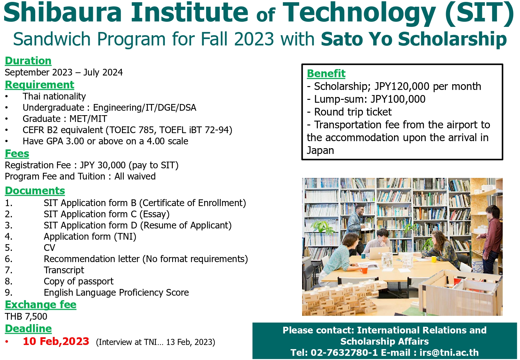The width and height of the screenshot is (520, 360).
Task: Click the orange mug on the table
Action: pos(364,270)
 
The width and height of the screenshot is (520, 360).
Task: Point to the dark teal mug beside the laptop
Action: pos(363,256)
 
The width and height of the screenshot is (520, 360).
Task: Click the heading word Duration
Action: pos(28,61)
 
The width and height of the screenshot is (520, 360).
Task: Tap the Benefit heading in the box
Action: pos(326,74)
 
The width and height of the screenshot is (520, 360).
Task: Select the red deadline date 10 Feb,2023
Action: pos(56,341)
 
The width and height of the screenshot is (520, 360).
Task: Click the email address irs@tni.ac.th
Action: pos(449,352)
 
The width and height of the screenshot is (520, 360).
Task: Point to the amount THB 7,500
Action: pos(26,316)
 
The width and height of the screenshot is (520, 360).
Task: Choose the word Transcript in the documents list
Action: pos(64,270)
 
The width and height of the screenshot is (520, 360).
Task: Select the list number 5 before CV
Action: pos(9,248)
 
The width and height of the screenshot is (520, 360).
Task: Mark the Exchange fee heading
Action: pos(41,305)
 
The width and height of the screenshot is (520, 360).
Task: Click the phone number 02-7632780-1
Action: pos(344,352)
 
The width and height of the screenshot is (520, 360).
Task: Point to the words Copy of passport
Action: pos(79,281)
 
